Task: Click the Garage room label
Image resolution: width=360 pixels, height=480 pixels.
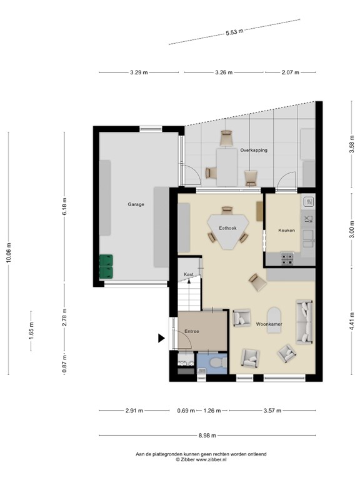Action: click(136, 204)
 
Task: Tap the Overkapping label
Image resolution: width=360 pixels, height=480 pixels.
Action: click(254, 150)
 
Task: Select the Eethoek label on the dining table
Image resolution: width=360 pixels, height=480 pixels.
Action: click(227, 228)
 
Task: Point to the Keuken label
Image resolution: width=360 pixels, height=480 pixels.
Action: click(286, 230)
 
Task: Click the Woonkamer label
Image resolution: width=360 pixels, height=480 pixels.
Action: click(269, 324)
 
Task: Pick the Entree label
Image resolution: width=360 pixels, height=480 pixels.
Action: click(192, 331)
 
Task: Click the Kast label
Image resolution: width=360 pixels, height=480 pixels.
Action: click(189, 274)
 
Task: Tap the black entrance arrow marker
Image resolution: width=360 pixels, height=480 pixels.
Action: click(161, 338)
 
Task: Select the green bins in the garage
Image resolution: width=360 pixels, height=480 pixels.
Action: click(106, 267)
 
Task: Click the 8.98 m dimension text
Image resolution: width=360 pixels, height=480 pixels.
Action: click(207, 435)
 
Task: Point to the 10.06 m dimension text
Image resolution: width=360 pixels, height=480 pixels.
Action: click(9, 252)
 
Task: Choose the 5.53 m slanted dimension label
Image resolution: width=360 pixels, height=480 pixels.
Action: click(234, 32)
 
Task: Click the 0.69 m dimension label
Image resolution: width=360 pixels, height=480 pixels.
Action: click(186, 411)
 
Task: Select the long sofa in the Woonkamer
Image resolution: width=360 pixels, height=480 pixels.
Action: click(304, 321)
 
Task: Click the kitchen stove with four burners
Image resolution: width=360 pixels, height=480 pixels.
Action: click(287, 258)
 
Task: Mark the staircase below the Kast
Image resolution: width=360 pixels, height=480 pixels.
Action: click(190, 294)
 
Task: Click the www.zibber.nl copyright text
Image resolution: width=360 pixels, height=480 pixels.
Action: click(201, 459)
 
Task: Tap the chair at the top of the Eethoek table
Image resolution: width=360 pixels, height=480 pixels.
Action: click(227, 211)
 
